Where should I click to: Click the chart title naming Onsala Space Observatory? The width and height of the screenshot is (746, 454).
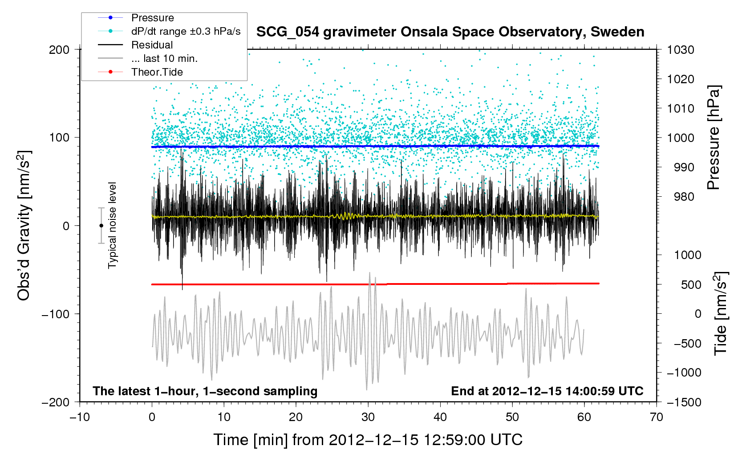[x=450, y=32]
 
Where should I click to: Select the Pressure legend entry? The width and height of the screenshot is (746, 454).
[x=152, y=18]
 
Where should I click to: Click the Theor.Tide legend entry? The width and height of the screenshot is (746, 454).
[x=157, y=72]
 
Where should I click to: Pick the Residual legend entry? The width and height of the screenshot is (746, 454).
[x=152, y=45]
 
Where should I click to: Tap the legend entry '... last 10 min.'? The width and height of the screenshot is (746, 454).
[x=164, y=59]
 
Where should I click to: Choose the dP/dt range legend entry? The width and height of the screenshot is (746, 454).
[x=186, y=32]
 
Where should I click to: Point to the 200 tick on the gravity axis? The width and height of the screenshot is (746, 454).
[x=59, y=49]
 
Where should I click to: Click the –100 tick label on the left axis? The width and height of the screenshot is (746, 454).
[x=56, y=314]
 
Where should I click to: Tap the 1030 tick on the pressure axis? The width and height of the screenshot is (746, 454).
[x=681, y=49]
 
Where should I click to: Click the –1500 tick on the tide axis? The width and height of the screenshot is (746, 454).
[x=684, y=402]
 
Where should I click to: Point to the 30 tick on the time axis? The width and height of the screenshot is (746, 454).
[x=368, y=417]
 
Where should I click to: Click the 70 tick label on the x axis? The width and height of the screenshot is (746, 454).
[x=657, y=417]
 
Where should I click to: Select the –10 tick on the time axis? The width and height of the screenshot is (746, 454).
[x=80, y=417]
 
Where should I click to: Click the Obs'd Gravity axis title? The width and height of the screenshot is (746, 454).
[x=24, y=226]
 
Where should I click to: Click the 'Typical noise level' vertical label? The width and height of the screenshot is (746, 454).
[x=112, y=225]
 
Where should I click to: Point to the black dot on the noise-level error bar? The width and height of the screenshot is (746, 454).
[x=101, y=226]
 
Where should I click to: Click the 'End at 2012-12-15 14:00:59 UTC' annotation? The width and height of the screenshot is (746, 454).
[x=547, y=391]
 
